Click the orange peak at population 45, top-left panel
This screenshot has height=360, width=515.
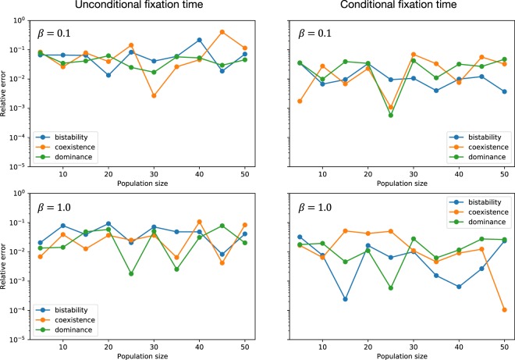point(222,32)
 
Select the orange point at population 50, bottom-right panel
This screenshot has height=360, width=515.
point(504,310)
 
